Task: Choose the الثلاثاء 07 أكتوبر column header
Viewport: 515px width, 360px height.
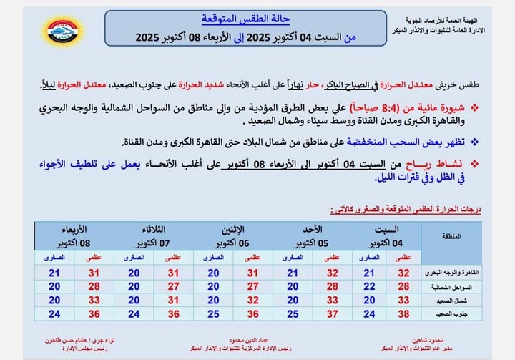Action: (151, 235)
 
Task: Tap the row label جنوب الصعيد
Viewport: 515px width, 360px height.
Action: (452, 313)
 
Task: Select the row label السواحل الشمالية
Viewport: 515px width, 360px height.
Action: (452, 286)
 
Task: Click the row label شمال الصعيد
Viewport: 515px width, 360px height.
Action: (452, 300)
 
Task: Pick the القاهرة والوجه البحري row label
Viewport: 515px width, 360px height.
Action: (452, 273)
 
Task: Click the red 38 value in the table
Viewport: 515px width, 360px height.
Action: (403, 313)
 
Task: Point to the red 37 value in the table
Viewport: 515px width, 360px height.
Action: (332, 313)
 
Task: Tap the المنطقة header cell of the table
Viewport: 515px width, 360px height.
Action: (452, 235)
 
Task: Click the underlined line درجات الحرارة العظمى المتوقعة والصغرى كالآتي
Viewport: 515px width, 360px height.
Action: (405, 210)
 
